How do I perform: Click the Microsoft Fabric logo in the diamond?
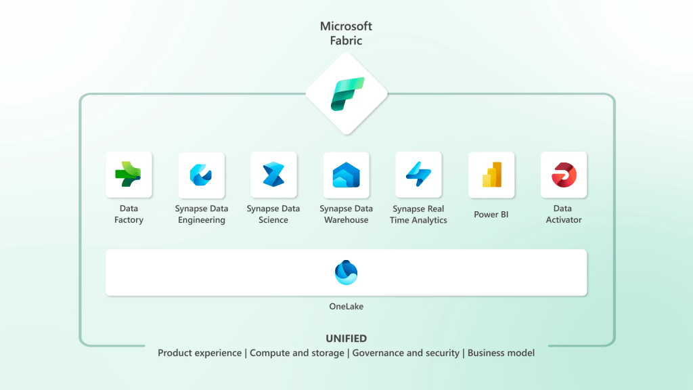click(x=346, y=93)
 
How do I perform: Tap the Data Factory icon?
click(x=129, y=175)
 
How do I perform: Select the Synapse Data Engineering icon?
click(x=201, y=175)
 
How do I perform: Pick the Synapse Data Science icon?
click(x=273, y=175)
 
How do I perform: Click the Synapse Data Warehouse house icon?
click(x=346, y=175)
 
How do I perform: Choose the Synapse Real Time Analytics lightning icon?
click(x=418, y=175)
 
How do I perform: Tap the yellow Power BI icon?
click(x=491, y=175)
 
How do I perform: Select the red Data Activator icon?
click(x=564, y=175)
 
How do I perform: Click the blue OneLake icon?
click(x=346, y=272)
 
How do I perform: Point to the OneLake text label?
click(x=346, y=307)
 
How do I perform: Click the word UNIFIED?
click(x=346, y=339)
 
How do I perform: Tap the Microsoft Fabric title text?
click(x=346, y=33)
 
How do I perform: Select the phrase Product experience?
click(x=200, y=353)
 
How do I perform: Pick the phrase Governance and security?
click(x=405, y=353)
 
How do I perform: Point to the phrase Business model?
click(x=501, y=353)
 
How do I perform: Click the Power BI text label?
click(x=491, y=215)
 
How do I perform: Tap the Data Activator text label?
click(x=564, y=214)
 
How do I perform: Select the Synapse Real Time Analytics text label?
click(x=418, y=214)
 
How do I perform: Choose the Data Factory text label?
click(x=129, y=214)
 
